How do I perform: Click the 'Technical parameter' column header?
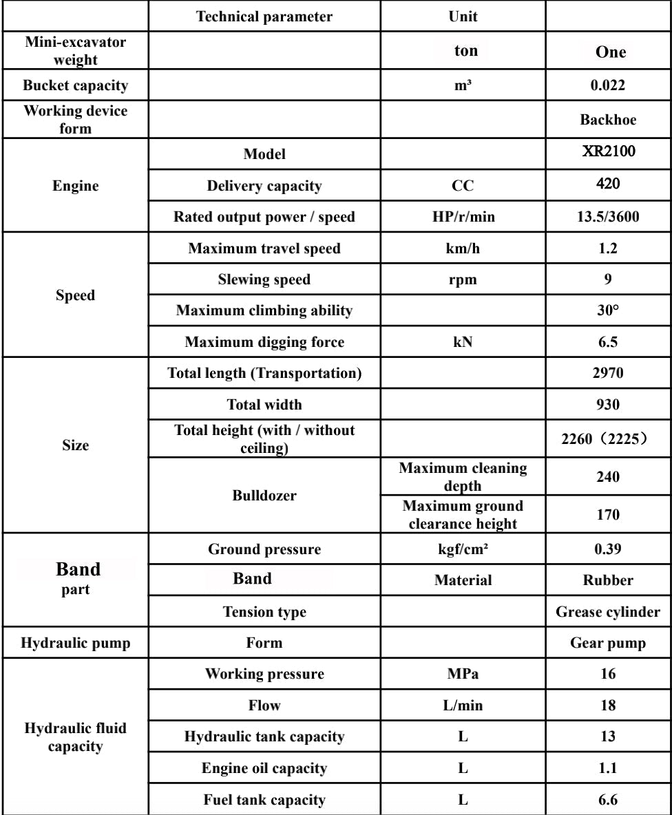[x=264, y=17]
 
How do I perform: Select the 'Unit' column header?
[x=463, y=17]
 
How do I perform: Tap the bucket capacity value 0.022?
[x=608, y=86]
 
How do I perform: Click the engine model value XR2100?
[x=608, y=153]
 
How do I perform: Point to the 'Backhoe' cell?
[x=608, y=120]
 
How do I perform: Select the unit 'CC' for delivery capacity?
[x=463, y=186]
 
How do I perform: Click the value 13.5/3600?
[x=608, y=218]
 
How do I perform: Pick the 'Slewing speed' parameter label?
[x=264, y=279]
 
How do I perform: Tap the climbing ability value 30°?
[x=608, y=310]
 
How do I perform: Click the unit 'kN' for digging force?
[x=463, y=342]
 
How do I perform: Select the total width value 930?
[x=608, y=405]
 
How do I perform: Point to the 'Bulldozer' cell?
[x=264, y=496]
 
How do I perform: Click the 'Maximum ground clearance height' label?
[x=463, y=514]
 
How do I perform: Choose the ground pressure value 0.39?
[x=608, y=549]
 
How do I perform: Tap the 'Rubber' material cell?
[x=608, y=580]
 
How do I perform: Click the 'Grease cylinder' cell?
[x=608, y=611]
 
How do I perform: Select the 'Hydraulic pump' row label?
[x=76, y=644]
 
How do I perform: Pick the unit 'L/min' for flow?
[x=463, y=706]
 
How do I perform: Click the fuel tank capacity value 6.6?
[x=608, y=800]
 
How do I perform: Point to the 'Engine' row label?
[x=76, y=186]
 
